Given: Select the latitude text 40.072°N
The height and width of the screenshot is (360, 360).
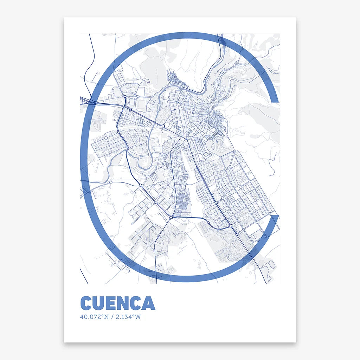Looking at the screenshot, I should (92, 317).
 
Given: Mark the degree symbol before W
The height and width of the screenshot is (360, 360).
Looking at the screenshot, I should (134, 316).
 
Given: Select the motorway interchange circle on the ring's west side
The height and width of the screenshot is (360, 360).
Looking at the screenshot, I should (91, 102).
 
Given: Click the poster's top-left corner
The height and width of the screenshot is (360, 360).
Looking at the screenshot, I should (64, 18).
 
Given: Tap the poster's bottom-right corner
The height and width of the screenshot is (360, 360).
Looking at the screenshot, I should (296, 341).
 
